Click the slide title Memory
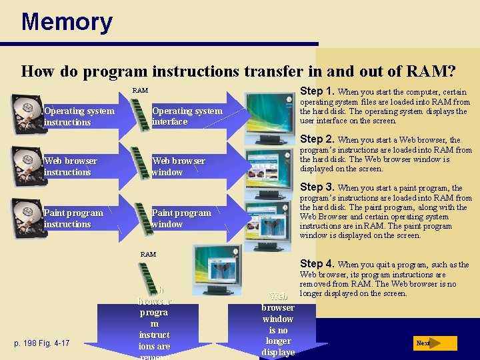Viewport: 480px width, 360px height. [x=67, y=22]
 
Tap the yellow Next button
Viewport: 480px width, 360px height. [x=434, y=343]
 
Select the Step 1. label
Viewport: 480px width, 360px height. [x=318, y=91]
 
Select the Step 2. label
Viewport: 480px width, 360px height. [x=317, y=139]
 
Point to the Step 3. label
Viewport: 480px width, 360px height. [x=317, y=187]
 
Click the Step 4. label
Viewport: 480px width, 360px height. [x=318, y=264]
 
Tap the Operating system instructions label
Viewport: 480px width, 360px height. [x=79, y=116]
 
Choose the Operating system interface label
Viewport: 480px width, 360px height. [x=187, y=116]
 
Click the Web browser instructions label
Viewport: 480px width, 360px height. [x=70, y=167]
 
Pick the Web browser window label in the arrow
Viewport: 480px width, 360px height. [x=178, y=167]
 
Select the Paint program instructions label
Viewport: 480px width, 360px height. [x=73, y=219]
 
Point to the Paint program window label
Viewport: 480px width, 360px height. [x=181, y=219]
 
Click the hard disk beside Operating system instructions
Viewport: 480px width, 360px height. [x=26, y=114]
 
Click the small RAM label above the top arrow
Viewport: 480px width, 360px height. [x=140, y=90]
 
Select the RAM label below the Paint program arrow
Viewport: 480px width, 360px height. [x=148, y=254]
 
